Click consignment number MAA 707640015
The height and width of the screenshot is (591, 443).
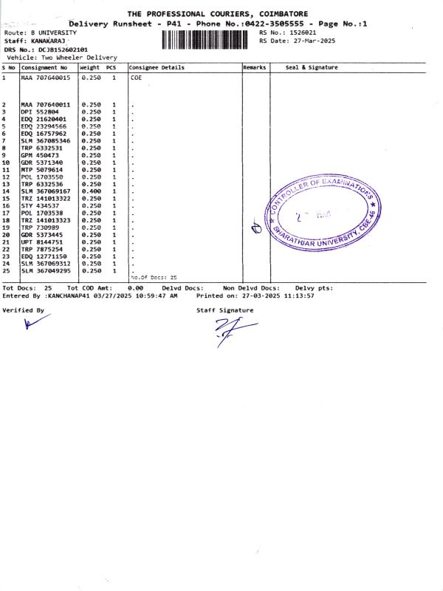click(46, 77)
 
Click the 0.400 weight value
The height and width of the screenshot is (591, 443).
click(90, 191)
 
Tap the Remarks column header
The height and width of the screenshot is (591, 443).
click(255, 67)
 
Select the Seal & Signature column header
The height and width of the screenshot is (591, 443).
click(312, 67)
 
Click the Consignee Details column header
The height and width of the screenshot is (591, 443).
click(157, 67)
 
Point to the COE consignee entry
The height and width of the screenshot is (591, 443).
click(136, 77)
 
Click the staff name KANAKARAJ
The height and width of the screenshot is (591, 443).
click(51, 41)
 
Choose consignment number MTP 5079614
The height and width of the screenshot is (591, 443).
click(43, 170)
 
